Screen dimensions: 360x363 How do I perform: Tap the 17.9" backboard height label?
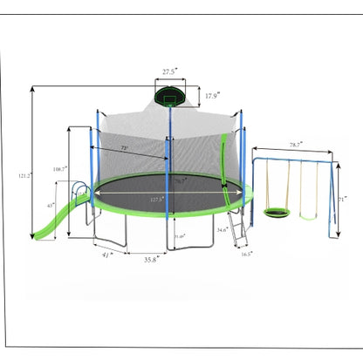213,96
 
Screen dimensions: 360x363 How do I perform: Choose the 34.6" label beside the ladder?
223,229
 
